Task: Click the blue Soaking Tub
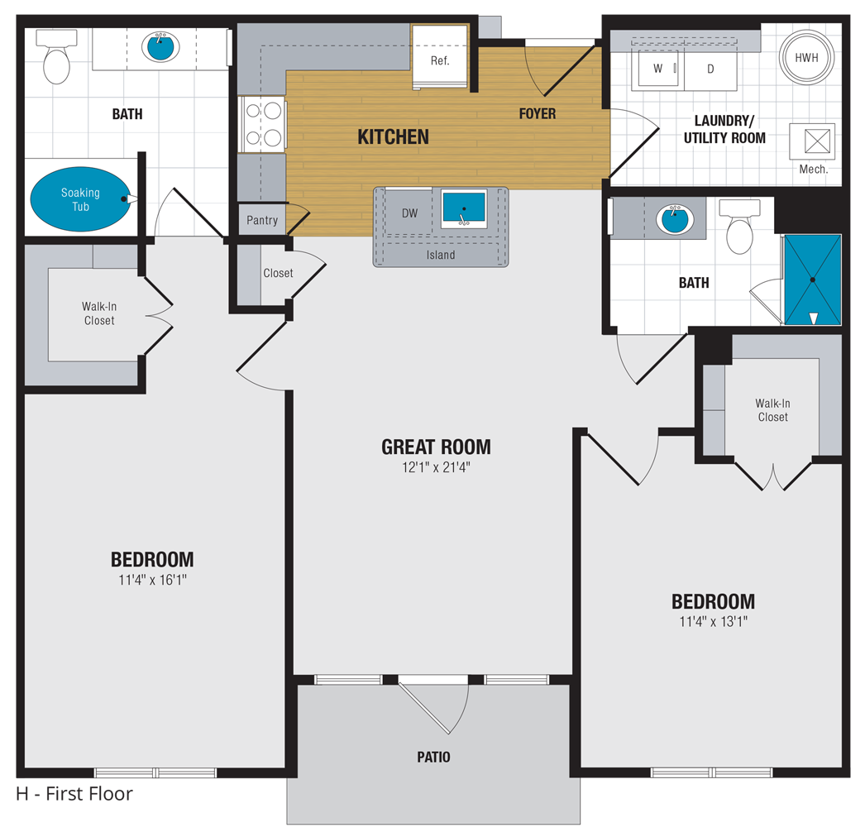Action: [81, 199]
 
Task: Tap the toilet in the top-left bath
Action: [57, 60]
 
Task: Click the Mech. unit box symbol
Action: [812, 141]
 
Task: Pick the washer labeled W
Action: [657, 69]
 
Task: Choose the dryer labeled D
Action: [710, 69]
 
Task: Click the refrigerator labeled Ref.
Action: [440, 60]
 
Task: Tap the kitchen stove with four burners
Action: [262, 124]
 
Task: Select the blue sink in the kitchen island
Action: [463, 208]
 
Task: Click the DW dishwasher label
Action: [409, 213]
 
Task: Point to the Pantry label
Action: [262, 221]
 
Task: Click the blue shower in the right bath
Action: [812, 280]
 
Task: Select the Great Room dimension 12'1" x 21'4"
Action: [436, 467]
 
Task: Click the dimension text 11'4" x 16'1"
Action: [152, 580]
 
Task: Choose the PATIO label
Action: [433, 757]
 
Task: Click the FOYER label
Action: [537, 113]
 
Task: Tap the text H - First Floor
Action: [74, 795]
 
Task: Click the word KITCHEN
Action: [393, 136]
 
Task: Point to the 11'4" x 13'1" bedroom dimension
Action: [713, 622]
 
